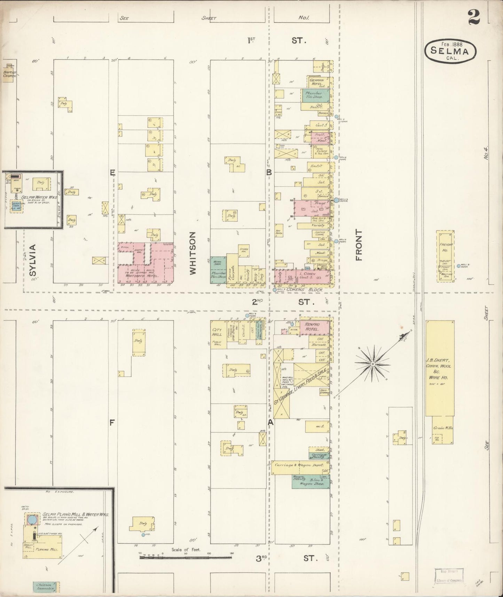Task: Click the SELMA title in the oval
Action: click(450, 51)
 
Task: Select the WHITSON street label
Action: click(193, 253)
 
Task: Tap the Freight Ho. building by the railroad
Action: click(446, 256)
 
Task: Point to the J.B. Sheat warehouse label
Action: click(439, 369)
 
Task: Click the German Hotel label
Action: click(317, 82)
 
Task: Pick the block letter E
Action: click(112, 172)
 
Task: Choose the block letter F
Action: click(112, 423)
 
